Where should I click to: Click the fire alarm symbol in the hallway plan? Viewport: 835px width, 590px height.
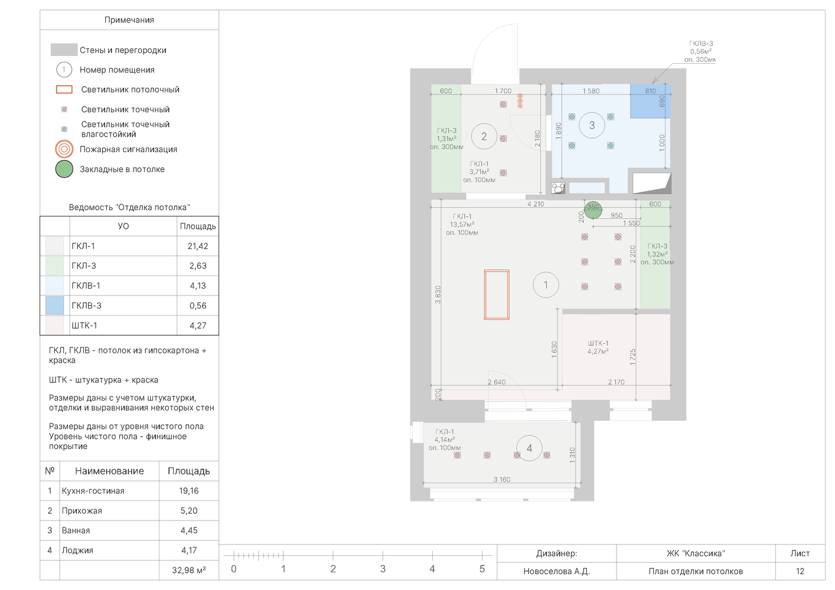pos(520,101)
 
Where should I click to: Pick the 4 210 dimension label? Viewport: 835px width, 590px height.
pos(536,204)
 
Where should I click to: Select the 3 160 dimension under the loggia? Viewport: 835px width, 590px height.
pos(502,479)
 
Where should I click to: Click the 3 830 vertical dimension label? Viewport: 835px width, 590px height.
pos(438,294)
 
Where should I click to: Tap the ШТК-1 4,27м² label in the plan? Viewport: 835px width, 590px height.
pos(598,347)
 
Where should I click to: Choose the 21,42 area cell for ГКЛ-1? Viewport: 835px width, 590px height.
pos(198,246)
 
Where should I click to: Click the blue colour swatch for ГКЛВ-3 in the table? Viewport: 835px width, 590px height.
pos(55,306)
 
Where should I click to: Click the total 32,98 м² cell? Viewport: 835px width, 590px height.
pos(188,571)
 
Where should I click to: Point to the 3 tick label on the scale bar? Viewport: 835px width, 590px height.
pos(383,569)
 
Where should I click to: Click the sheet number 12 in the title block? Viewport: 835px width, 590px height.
pos(800,571)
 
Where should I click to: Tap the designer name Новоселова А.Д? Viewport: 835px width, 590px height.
pos(556,571)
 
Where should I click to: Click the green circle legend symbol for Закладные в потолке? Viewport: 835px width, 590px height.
pos(64,169)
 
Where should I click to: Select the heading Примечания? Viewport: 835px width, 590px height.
pos(129,20)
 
